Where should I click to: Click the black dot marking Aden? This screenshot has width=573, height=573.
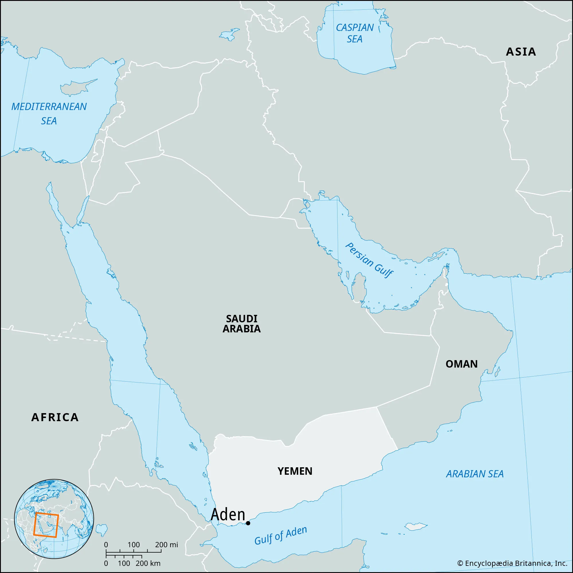point(248,531)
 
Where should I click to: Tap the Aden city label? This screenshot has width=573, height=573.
point(228,523)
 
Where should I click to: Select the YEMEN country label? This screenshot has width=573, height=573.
point(295,471)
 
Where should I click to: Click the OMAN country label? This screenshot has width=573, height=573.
point(462,364)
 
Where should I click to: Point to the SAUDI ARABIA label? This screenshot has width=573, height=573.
point(242,323)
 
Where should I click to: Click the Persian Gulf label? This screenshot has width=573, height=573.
point(369,260)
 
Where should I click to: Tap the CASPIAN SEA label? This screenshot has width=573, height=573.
point(355,33)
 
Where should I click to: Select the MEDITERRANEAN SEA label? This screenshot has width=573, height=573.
point(49,113)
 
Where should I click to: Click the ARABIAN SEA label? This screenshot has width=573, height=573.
point(474,474)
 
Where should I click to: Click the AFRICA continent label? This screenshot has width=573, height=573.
point(55,417)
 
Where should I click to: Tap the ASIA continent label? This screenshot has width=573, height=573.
point(521,52)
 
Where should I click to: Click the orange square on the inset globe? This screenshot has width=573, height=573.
point(46,525)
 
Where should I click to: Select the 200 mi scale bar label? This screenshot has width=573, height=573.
point(166,545)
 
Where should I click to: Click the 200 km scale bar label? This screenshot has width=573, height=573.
point(148,563)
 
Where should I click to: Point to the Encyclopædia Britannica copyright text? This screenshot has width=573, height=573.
point(512,563)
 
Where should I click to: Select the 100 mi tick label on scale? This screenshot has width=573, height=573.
point(134,545)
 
